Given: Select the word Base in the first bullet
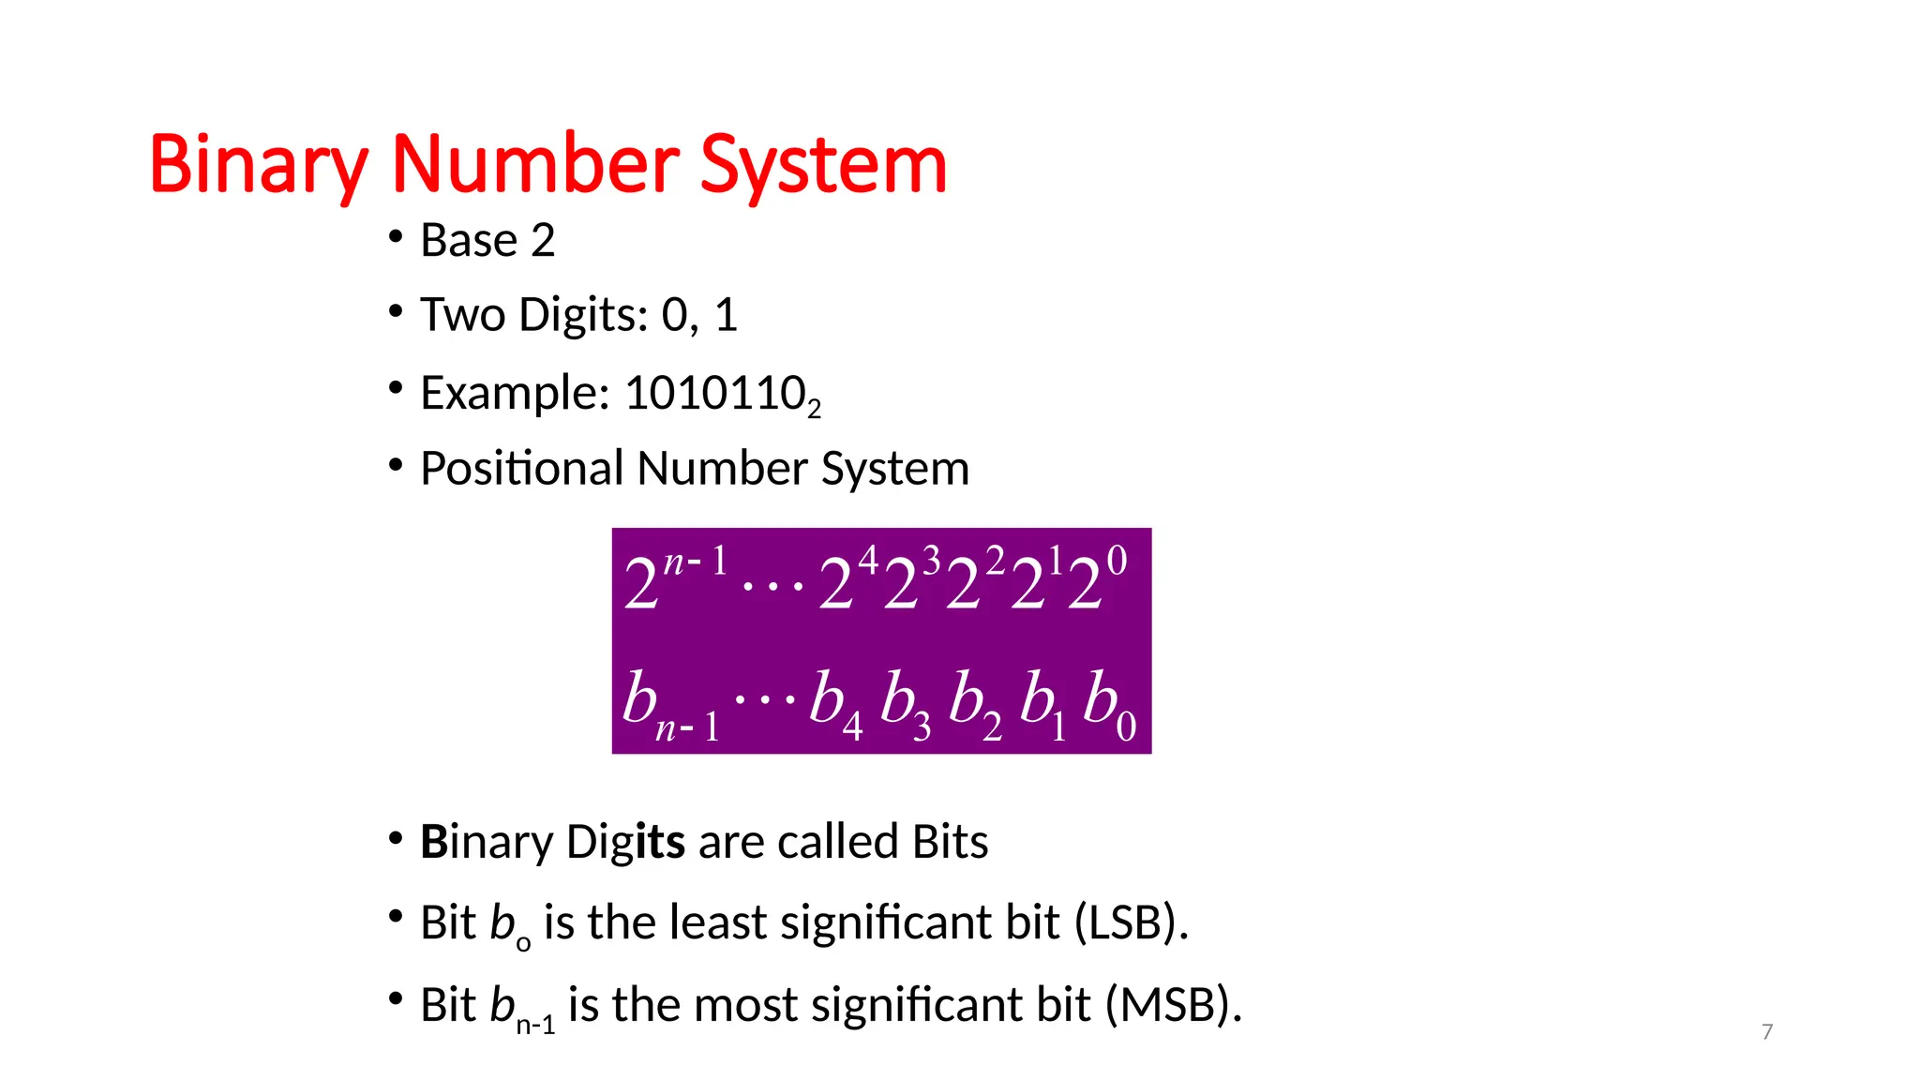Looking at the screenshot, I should click(x=468, y=241).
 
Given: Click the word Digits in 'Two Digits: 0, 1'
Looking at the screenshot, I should click(x=583, y=315).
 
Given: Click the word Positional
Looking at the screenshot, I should click(x=521, y=468).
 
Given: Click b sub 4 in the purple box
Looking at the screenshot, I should click(x=835, y=705).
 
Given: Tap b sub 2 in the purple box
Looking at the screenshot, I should click(x=974, y=705).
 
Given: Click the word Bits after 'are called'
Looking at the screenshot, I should click(x=950, y=842).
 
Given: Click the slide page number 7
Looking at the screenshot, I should click(x=1767, y=1032).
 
